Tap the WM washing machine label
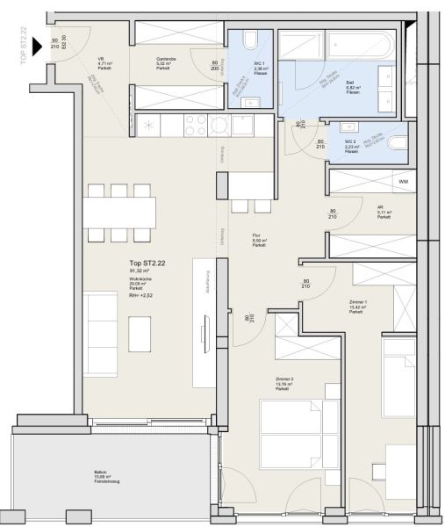(x=403, y=182)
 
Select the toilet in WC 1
(x=250, y=40)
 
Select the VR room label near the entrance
(x=102, y=62)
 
